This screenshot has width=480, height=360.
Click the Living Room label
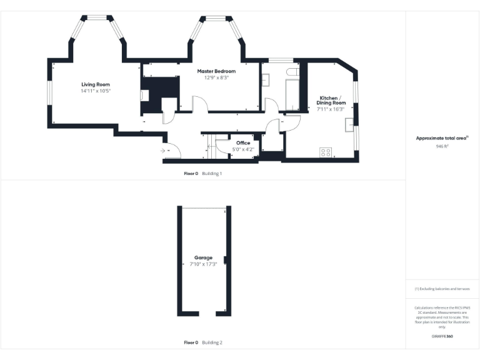click(x=95, y=84)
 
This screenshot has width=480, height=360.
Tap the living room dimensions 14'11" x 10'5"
click(x=95, y=91)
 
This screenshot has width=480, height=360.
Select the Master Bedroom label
click(x=216, y=71)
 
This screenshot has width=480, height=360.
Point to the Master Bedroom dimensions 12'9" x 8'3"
click(x=216, y=78)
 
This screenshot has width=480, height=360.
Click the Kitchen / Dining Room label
click(x=330, y=101)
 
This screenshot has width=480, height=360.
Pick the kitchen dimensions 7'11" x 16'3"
click(x=330, y=109)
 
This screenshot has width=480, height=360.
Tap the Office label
click(x=243, y=143)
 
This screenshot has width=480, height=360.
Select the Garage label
click(x=203, y=257)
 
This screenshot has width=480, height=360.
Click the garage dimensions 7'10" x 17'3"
click(x=203, y=264)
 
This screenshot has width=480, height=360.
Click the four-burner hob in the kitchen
click(x=326, y=151)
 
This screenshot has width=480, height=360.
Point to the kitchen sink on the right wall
click(x=348, y=124)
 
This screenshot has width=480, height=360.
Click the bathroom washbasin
click(x=266, y=81)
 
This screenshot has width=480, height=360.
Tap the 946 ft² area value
click(x=442, y=146)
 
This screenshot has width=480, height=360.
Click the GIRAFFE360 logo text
click(x=442, y=336)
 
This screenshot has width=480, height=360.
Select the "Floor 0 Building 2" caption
click(x=203, y=342)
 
